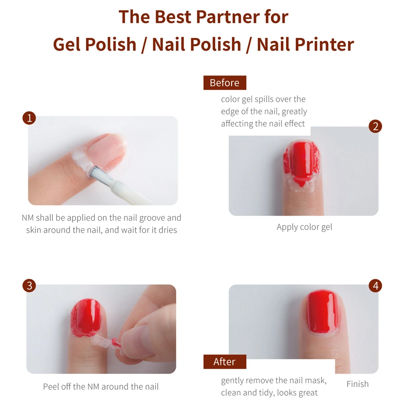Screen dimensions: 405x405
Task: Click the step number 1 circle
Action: [29, 118]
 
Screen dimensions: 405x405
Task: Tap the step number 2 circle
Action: [375, 126]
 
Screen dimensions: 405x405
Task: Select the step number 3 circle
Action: [29, 286]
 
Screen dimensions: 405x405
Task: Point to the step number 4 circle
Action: [375, 286]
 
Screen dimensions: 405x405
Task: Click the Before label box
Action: [225, 83]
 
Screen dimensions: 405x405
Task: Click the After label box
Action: [225, 362]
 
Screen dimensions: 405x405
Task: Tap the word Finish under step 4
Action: [357, 384]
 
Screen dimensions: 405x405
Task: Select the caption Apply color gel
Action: [305, 227]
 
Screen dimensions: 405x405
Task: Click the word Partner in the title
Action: [228, 17]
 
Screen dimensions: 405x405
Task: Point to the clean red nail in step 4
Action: [323, 311]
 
